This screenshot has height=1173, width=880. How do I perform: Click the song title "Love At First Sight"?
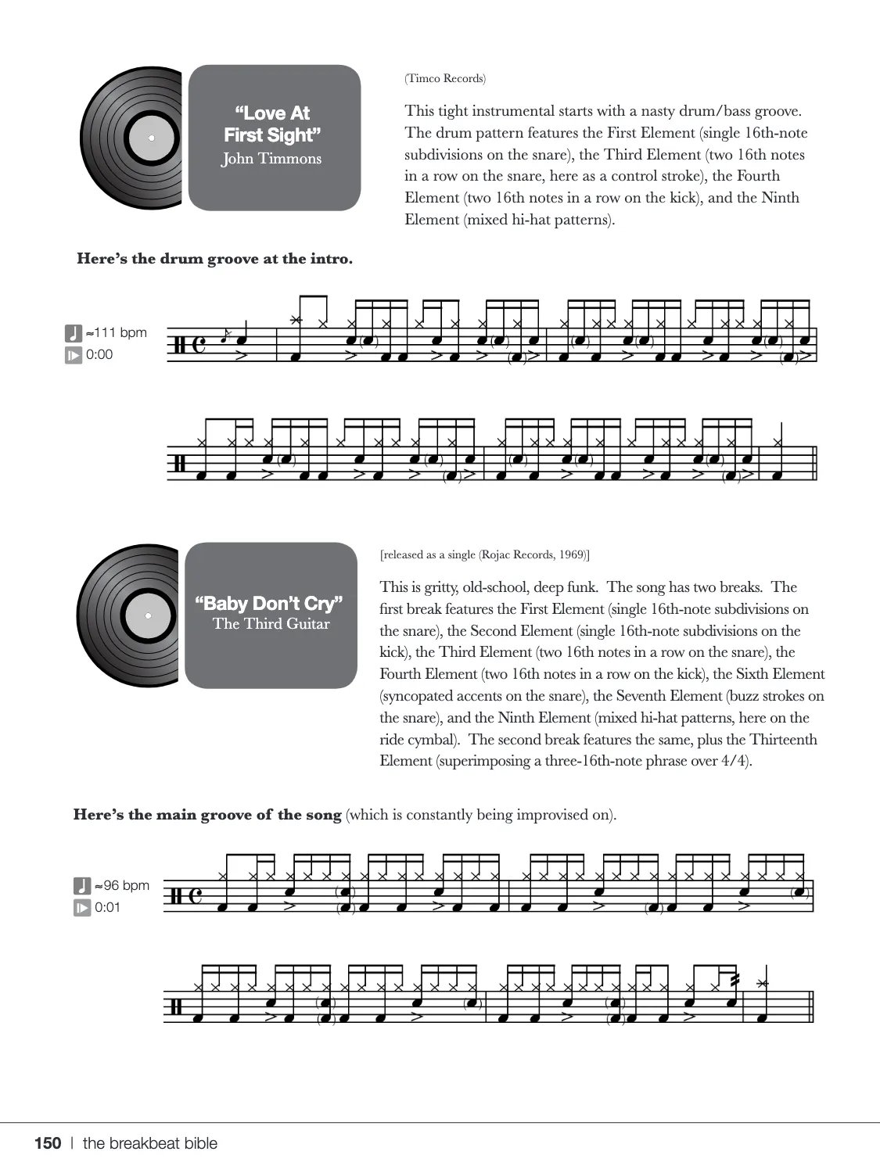[272, 124]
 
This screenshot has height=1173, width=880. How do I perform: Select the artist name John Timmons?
[271, 159]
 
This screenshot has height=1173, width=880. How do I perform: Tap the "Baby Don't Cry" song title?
[269, 603]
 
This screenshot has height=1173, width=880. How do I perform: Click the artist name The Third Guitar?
[271, 624]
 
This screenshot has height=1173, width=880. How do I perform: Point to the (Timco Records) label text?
[445, 78]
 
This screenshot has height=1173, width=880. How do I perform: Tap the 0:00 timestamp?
[99, 354]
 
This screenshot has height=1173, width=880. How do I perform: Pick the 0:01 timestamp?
[107, 907]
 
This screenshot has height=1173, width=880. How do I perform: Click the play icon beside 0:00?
[73, 355]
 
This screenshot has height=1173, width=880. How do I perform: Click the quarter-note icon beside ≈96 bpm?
[82, 885]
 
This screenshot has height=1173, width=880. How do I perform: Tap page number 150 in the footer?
[48, 1143]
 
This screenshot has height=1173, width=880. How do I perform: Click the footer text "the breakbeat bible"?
[150, 1143]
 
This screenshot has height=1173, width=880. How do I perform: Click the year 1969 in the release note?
[573, 554]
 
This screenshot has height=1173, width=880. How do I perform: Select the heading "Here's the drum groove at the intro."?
[214, 259]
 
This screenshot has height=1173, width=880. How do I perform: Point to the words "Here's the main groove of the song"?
[207, 814]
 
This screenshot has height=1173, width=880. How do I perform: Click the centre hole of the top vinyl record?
[151, 138]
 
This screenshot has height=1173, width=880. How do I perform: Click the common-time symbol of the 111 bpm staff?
[199, 344]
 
